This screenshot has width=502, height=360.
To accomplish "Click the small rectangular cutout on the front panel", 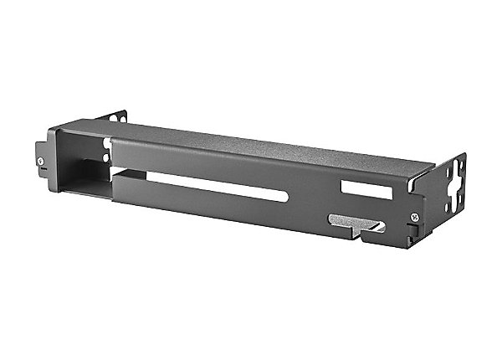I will [x=366, y=190].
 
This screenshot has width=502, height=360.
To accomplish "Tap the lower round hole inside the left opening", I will [x=105, y=157].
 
